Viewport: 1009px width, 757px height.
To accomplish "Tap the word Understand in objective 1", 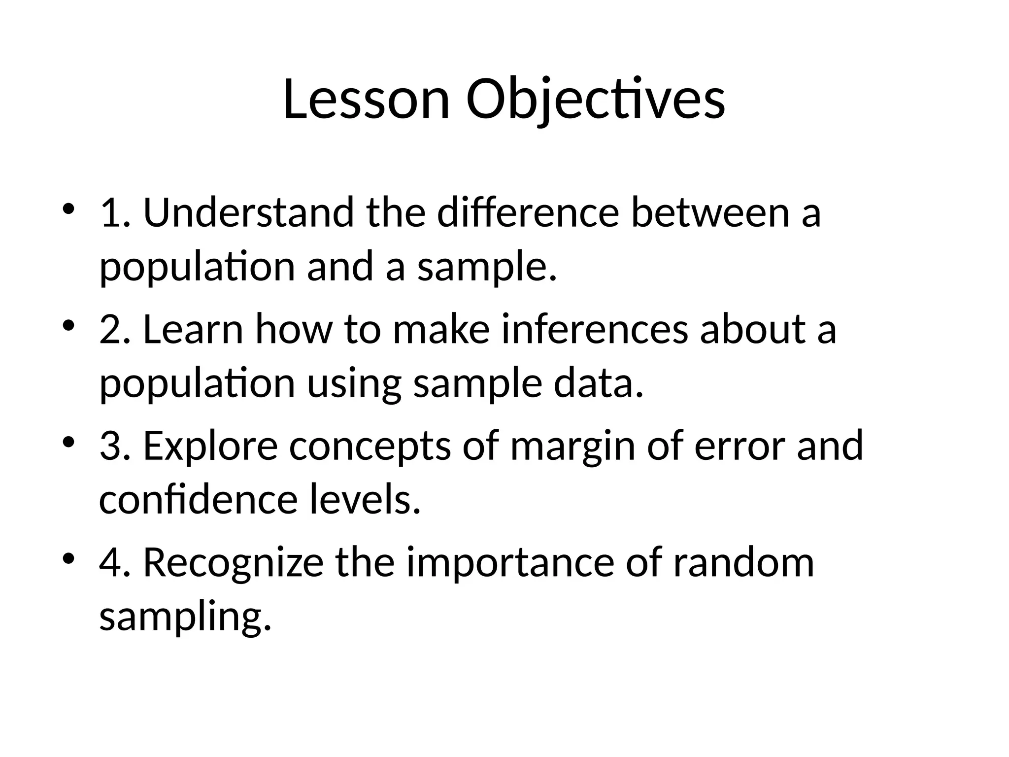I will (248, 212).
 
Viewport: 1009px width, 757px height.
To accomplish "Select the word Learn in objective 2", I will (193, 329).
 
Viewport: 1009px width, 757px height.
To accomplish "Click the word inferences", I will (594, 329).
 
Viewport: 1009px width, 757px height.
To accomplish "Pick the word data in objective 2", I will (598, 384).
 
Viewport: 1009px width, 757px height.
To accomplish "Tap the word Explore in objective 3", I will (210, 446).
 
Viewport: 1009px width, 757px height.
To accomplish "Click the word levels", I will (365, 500).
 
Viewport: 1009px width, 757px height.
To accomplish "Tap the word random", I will (743, 563).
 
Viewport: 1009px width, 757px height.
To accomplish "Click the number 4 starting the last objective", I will (109, 563).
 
